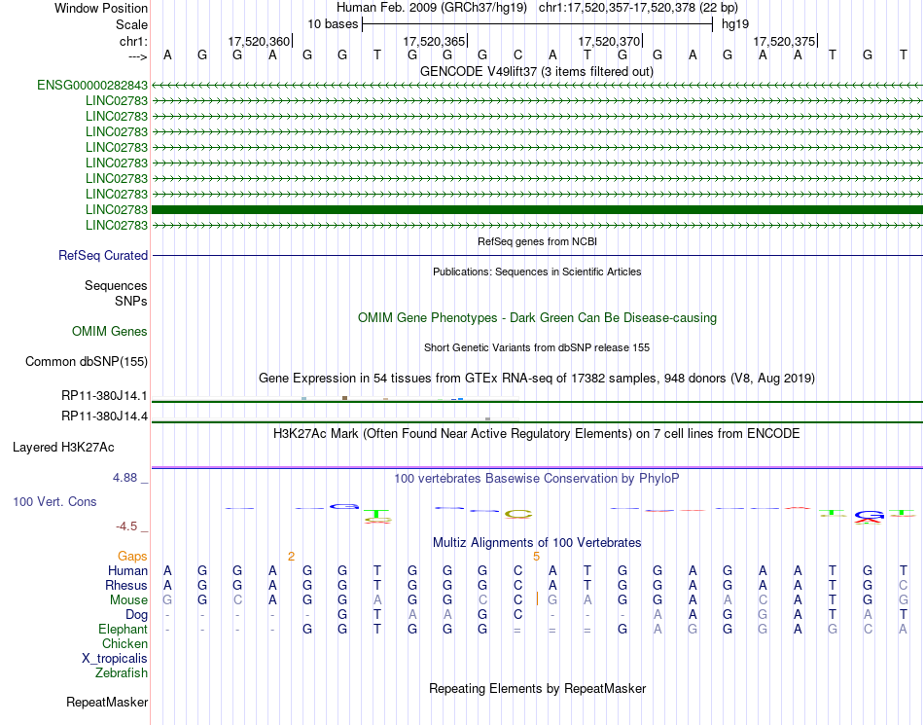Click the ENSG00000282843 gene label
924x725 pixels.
coord(92,86)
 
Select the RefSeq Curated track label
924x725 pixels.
coord(103,256)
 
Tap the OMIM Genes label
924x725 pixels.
coord(110,332)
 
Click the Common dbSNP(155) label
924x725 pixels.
coord(87,362)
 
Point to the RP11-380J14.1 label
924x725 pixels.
coord(104,396)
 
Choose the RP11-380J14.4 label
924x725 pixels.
coord(104,417)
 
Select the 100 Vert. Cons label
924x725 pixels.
coord(54,502)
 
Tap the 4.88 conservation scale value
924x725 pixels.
coord(125,478)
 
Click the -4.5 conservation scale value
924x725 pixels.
coord(126,526)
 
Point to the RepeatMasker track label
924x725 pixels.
coord(107,702)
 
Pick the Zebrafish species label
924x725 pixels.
coord(122,672)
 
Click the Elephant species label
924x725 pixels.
coord(123,630)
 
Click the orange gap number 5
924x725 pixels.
coord(536,557)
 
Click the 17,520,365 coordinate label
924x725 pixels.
coord(433,42)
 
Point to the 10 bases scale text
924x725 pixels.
coord(333,23)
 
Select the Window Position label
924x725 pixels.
coord(101,8)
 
